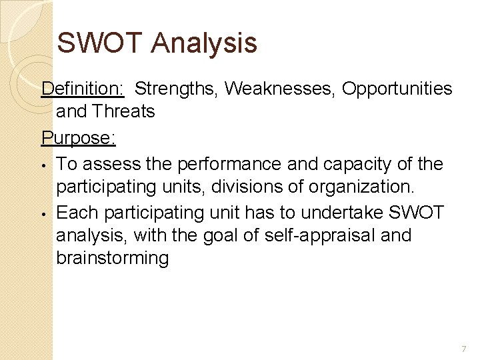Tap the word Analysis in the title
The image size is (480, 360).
pyautogui.click(x=203, y=43)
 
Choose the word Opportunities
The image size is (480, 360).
pyautogui.click(x=397, y=89)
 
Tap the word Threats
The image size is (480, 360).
pyautogui.click(x=125, y=111)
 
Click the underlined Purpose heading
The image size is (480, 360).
pyautogui.click(x=79, y=138)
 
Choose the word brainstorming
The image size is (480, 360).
pyautogui.click(x=112, y=258)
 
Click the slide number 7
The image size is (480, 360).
pyautogui.click(x=463, y=349)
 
